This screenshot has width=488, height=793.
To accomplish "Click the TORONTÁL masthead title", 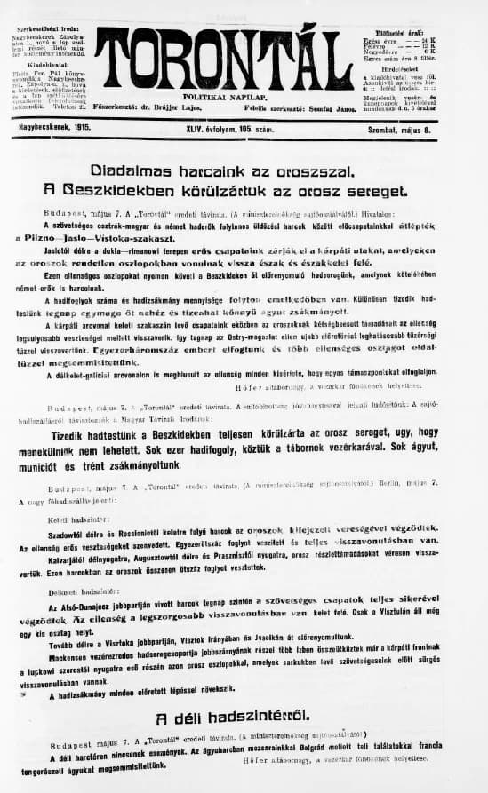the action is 226,58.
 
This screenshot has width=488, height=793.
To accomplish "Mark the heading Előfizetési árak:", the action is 392,31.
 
